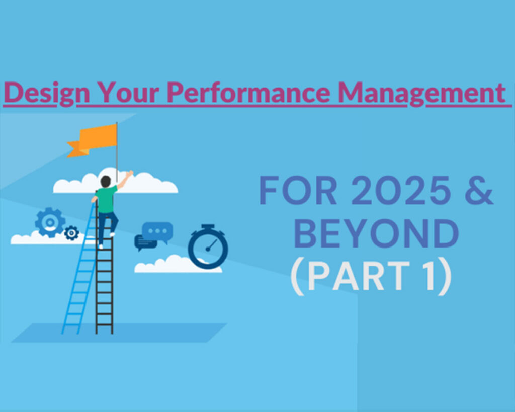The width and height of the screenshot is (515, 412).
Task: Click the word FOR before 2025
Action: [292, 192]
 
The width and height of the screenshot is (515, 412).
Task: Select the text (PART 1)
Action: [370, 278]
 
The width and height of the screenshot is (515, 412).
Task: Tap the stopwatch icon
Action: [208, 246]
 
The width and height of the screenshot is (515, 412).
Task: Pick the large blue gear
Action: [50, 222]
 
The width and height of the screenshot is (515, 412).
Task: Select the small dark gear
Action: [72, 232]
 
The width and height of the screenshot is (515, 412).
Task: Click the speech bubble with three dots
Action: [157, 231]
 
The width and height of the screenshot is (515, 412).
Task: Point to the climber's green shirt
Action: [106, 199]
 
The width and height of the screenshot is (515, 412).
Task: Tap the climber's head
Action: [106, 181]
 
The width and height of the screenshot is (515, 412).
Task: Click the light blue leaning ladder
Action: [79, 282]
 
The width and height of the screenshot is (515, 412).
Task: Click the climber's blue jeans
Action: [107, 224]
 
